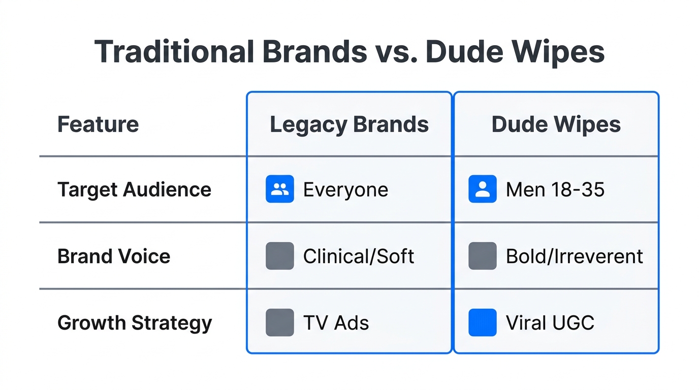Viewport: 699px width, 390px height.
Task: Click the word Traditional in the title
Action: (x=173, y=51)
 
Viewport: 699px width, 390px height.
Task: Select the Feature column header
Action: (x=98, y=124)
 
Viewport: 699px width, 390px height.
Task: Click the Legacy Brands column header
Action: (x=349, y=124)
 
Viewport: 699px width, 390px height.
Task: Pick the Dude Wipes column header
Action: (x=556, y=124)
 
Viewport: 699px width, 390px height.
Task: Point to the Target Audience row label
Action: (x=134, y=189)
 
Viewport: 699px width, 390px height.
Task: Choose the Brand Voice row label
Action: (x=114, y=256)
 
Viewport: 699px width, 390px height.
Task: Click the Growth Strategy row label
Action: (x=135, y=322)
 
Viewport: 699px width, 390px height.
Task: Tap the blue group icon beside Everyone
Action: (x=280, y=189)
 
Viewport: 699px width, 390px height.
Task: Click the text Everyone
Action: (x=345, y=189)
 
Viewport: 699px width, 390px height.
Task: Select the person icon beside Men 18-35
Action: (x=482, y=189)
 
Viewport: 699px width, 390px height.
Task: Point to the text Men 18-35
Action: (x=555, y=189)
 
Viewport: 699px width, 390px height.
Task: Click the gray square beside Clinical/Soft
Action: (x=280, y=256)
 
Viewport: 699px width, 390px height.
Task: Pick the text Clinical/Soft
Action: (x=359, y=256)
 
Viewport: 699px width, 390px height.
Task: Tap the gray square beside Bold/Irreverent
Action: (x=482, y=256)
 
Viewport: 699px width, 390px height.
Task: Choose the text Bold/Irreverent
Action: (x=575, y=256)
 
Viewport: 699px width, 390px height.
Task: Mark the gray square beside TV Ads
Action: (x=280, y=322)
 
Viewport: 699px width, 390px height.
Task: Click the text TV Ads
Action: (x=336, y=322)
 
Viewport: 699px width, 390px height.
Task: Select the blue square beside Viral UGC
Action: (x=482, y=322)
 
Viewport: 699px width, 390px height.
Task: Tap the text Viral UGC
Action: (x=550, y=322)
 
